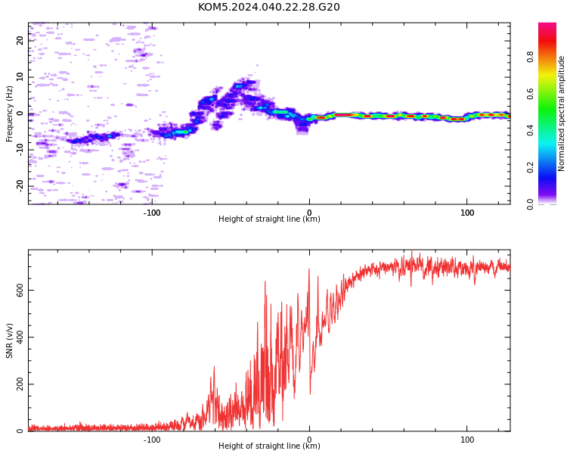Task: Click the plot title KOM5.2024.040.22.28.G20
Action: (268, 7)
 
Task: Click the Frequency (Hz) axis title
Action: (9, 113)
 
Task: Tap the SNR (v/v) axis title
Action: (9, 340)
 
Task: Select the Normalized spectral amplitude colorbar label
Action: (561, 113)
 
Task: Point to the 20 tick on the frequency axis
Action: (20, 40)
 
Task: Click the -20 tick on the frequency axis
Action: (20, 186)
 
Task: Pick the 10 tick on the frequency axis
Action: (20, 76)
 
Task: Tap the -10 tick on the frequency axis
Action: (20, 150)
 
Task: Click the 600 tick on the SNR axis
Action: (20, 291)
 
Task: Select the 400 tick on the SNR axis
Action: (20, 337)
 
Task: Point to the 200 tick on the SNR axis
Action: (20, 384)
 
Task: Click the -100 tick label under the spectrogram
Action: (152, 213)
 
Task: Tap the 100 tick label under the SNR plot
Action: (467, 440)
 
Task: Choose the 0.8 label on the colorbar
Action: (530, 57)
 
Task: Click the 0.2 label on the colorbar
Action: (530, 167)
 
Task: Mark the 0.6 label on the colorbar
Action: (530, 94)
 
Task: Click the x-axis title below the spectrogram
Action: (269, 219)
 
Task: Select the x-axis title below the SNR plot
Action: (269, 446)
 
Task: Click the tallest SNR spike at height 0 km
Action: (309, 269)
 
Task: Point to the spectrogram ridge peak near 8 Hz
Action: (239, 86)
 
